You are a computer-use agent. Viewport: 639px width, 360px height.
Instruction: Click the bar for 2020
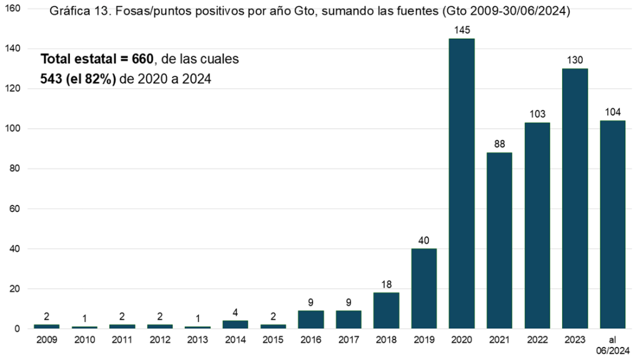(x=462, y=184)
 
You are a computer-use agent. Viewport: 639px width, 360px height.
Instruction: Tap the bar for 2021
(x=499, y=241)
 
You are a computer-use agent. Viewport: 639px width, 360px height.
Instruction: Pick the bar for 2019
(x=424, y=289)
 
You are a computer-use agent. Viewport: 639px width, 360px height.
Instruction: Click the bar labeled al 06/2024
(x=612, y=225)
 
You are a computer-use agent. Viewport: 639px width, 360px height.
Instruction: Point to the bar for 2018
(x=386, y=311)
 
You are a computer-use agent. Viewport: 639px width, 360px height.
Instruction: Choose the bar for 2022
(x=537, y=226)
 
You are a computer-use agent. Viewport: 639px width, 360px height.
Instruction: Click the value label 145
(x=462, y=30)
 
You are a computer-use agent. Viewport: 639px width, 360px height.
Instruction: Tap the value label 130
(x=575, y=60)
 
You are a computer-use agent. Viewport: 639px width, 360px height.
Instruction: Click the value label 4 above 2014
(x=235, y=312)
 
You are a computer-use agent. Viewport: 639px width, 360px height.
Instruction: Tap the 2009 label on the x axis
(x=47, y=341)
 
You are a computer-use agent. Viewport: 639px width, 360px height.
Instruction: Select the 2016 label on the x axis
(x=310, y=341)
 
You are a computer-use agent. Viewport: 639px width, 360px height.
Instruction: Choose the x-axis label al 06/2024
(x=612, y=345)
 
